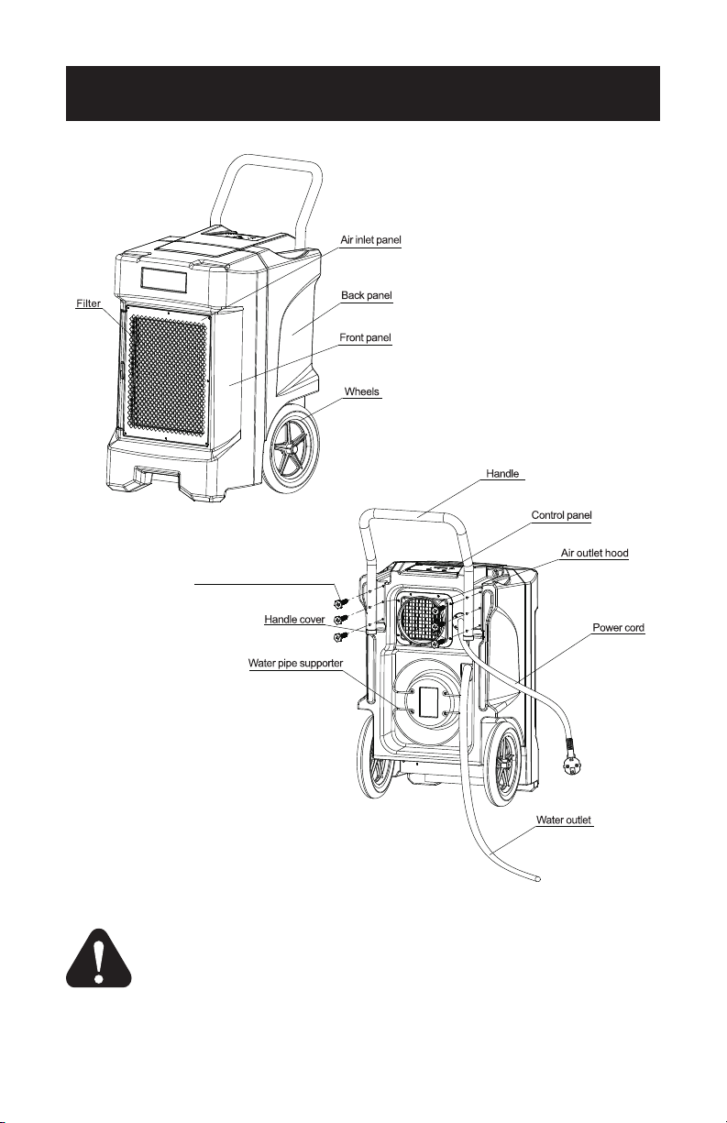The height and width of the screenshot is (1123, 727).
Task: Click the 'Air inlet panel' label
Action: pos(370,240)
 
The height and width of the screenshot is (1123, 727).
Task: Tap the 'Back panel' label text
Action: pos(367,295)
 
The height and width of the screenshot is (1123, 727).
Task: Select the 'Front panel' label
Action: pos(365,337)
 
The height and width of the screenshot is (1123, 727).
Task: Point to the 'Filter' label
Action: pos(88,303)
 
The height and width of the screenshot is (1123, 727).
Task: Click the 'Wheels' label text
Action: pos(361,391)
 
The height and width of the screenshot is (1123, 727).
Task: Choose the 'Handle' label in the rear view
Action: pos(502,474)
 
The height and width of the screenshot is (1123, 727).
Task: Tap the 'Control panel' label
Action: pos(561,515)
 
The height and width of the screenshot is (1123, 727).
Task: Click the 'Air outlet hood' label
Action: pos(594,553)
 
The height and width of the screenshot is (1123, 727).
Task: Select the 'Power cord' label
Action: pos(618,628)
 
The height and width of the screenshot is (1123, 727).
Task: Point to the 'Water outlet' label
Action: pos(564,820)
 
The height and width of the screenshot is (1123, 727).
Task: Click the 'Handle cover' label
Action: pos(294,620)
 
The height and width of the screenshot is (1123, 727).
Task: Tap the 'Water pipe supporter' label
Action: pos(295,664)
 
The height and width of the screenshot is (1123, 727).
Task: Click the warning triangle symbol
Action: pos(99,958)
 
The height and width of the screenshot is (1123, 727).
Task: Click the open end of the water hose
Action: pos(537,879)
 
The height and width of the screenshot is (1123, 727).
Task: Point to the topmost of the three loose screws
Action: pos(341,601)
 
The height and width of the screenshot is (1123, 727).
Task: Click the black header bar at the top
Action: pos(362,94)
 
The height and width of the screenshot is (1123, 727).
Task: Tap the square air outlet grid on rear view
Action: pos(419,618)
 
